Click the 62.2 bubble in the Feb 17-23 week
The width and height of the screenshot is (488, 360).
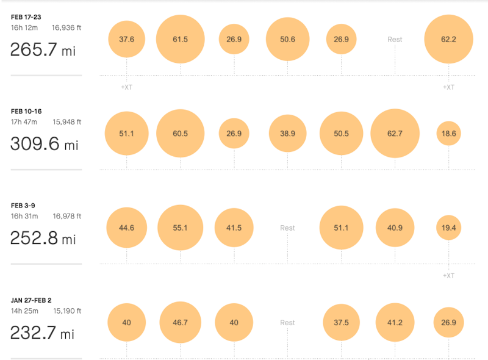(449, 39)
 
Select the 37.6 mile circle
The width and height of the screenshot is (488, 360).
(126, 39)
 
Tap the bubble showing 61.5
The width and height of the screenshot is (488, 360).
(180, 39)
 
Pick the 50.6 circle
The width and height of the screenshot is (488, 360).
(287, 39)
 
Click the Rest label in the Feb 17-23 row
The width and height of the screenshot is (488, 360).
(395, 40)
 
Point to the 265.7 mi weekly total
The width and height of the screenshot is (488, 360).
(43, 50)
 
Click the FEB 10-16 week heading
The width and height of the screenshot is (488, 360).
(25, 112)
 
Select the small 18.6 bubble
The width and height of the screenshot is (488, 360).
(449, 133)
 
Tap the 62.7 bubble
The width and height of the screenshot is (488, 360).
(395, 133)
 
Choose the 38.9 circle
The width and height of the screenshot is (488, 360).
(287, 133)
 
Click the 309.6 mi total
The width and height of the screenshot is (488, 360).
(45, 145)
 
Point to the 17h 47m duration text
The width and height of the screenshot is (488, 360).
(24, 122)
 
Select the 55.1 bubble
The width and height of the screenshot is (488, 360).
(180, 228)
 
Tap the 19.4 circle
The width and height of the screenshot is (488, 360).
(449, 228)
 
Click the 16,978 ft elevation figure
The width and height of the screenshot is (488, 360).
(66, 216)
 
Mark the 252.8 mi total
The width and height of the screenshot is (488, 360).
(43, 239)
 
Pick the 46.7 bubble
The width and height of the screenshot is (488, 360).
(180, 322)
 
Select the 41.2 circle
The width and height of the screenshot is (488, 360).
(395, 322)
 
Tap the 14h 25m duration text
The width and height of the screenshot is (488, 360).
(24, 311)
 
